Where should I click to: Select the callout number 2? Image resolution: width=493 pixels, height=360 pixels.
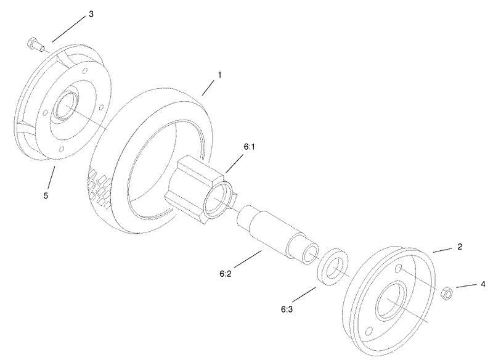tap(458, 247)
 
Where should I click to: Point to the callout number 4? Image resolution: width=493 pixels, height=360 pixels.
tap(483, 285)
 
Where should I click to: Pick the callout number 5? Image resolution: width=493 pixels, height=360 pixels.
tap(45, 195)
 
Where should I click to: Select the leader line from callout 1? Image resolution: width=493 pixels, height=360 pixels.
tap(210, 86)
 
